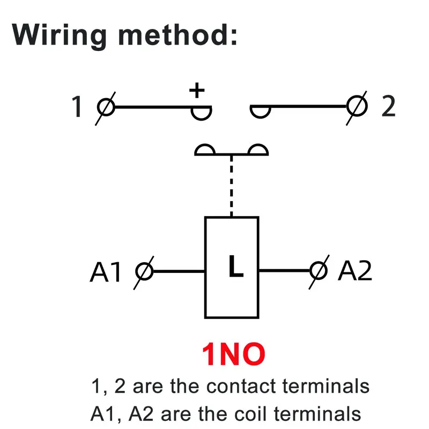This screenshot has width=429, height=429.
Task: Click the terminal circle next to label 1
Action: click(106, 107)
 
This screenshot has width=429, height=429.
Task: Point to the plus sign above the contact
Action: click(197, 90)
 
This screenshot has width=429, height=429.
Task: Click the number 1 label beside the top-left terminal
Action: click(77, 107)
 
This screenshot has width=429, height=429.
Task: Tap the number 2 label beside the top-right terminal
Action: click(388, 107)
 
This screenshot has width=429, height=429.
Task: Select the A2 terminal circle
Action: click(319, 271)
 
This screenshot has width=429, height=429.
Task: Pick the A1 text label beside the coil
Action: click(106, 272)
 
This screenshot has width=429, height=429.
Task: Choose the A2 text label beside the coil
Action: click(354, 271)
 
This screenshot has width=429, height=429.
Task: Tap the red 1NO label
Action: click(233, 355)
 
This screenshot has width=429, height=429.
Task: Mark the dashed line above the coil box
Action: click(232, 186)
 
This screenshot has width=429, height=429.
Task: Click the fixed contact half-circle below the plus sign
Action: click(202, 113)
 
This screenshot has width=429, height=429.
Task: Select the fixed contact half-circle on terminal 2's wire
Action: click(261, 112)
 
